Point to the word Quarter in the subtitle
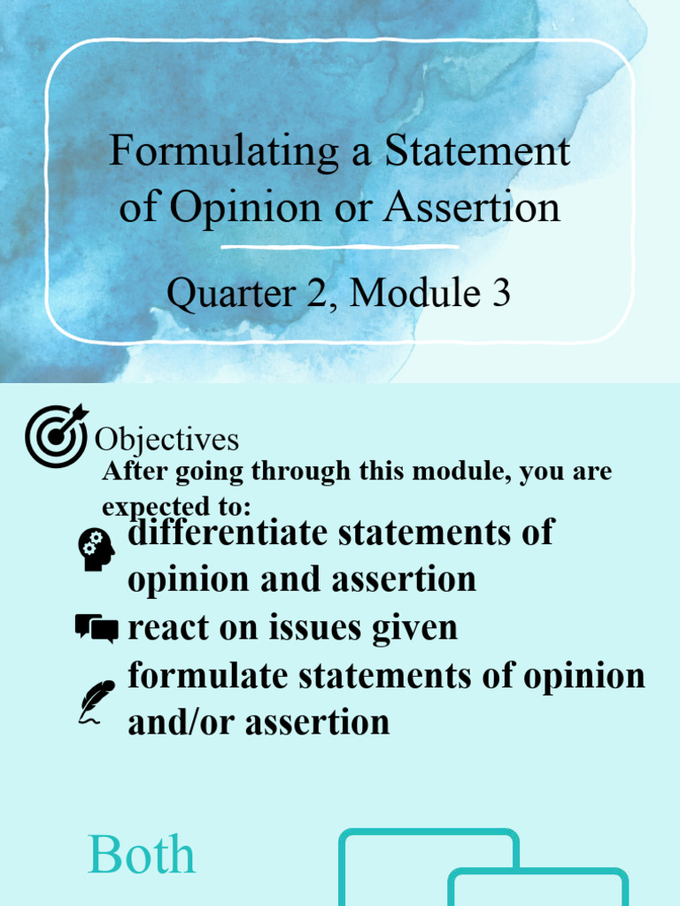click(x=220, y=293)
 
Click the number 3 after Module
click(x=501, y=293)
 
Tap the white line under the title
click(x=339, y=247)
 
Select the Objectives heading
click(x=166, y=440)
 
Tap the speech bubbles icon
click(x=97, y=628)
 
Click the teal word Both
click(x=142, y=856)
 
